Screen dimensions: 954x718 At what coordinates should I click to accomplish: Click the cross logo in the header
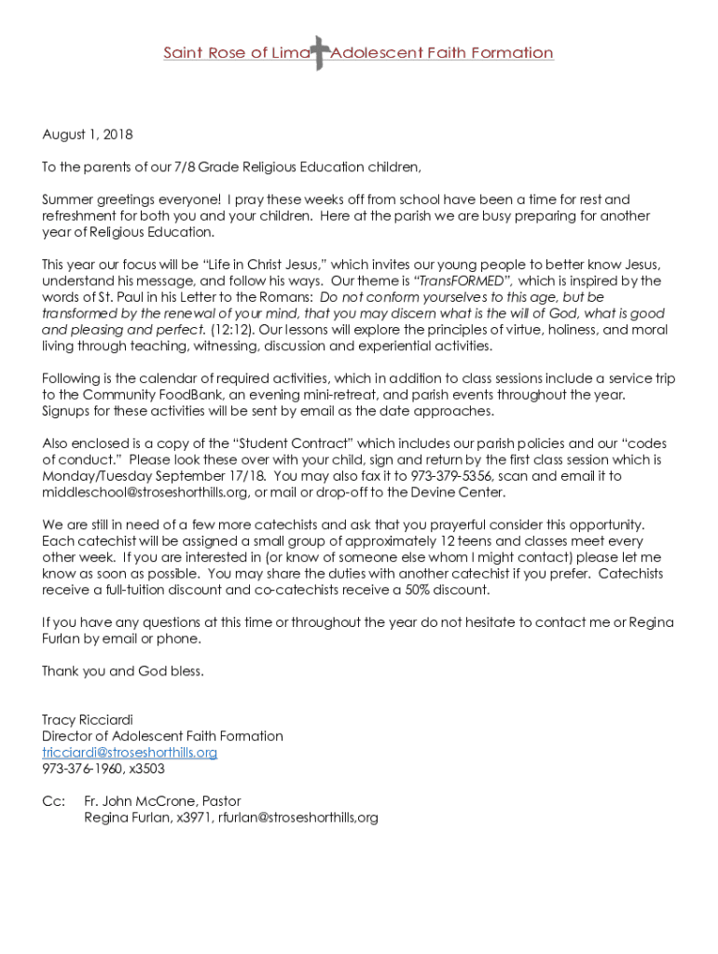coord(320,53)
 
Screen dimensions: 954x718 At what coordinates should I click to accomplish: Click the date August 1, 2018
coord(88,134)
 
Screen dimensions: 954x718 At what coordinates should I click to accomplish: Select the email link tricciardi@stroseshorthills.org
coord(130,752)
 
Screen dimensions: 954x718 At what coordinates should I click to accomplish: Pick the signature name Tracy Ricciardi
coord(88,719)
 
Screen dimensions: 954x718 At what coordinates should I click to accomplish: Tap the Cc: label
coord(53,801)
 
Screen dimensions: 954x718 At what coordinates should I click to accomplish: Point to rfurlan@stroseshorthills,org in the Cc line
coord(297,818)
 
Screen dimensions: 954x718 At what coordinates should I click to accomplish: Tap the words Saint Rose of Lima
coord(236,53)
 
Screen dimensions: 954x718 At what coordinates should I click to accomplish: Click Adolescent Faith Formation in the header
coord(442,53)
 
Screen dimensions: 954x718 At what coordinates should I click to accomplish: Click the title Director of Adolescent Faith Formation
coord(162,736)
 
